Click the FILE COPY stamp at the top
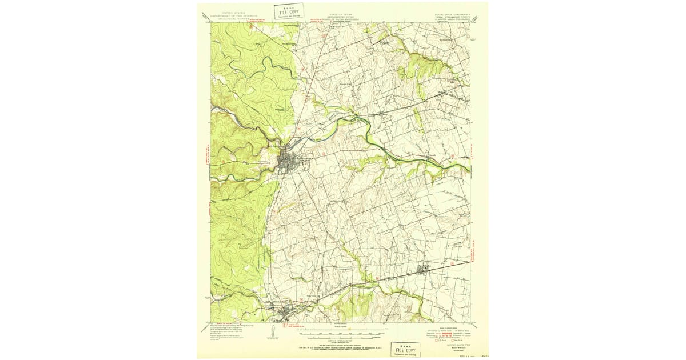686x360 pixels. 289,11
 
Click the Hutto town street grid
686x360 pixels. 425,269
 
